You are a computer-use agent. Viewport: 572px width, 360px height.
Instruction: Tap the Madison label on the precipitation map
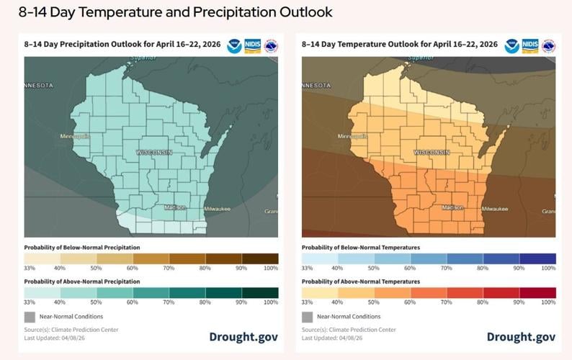tap(175, 207)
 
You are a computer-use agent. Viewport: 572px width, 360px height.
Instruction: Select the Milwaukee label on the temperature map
tap(494, 208)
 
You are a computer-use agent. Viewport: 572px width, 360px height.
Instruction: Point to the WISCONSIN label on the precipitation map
tap(154, 153)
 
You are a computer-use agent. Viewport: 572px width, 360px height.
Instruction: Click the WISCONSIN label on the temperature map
tap(432, 153)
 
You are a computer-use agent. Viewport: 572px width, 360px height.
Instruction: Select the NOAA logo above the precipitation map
tap(234, 46)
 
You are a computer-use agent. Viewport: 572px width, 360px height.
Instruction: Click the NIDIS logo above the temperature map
tap(530, 46)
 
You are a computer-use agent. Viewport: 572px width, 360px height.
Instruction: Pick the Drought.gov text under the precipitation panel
tap(243, 337)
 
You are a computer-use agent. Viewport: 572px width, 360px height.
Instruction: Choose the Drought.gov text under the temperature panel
tap(521, 337)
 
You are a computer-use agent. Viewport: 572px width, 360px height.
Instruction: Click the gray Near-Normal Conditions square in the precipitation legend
tap(30, 316)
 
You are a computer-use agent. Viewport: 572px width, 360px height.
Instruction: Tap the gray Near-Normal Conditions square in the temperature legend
tap(307, 316)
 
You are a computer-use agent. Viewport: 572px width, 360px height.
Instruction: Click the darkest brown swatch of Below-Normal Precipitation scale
tap(259, 258)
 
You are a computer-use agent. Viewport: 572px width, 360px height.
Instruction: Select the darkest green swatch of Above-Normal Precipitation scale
tap(259, 292)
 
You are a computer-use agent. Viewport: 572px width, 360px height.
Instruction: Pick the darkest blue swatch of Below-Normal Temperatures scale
tap(537, 258)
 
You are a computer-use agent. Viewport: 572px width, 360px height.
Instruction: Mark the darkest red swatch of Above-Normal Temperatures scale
tap(537, 292)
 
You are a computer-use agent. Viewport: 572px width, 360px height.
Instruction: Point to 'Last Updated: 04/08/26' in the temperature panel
tap(332, 338)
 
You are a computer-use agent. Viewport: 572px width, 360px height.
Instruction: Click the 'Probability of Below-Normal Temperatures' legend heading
tap(360, 247)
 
